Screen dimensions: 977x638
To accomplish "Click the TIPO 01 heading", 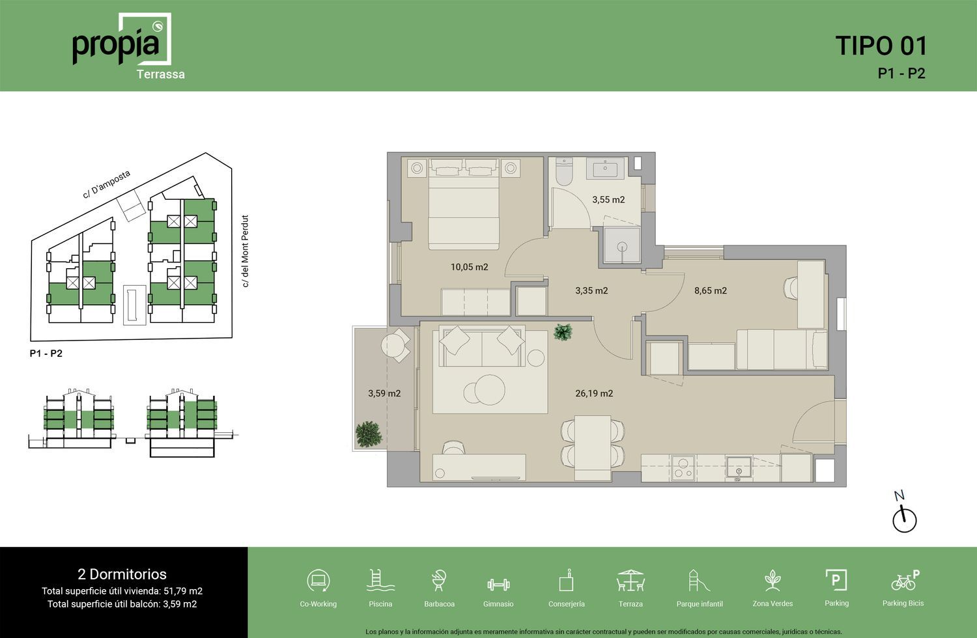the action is (x=881, y=46).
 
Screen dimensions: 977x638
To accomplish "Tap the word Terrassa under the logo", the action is (x=160, y=74).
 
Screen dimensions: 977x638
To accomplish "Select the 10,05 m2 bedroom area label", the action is (x=470, y=267).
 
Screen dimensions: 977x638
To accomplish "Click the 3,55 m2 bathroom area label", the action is (x=608, y=200).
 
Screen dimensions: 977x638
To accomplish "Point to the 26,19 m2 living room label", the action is (x=594, y=393).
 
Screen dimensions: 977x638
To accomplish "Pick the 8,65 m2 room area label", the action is (x=711, y=290).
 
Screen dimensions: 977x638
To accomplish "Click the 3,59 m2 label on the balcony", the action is (x=384, y=393).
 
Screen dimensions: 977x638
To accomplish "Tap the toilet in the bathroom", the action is (x=565, y=172).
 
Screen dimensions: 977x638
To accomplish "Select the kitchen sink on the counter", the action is (x=739, y=469).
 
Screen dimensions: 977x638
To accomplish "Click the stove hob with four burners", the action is (x=683, y=468).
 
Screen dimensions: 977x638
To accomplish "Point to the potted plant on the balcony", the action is (x=368, y=434).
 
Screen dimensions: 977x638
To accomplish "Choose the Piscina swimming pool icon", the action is (x=380, y=581).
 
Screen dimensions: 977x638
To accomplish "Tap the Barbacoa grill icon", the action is (x=439, y=581).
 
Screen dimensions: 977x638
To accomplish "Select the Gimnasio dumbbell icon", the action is (x=498, y=585).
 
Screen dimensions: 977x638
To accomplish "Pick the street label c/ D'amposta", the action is (x=106, y=184).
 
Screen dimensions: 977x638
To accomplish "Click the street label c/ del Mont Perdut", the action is (x=245, y=251).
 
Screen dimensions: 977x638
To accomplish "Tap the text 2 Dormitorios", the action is (x=122, y=574).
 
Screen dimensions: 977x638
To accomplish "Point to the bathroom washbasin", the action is (x=605, y=168).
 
